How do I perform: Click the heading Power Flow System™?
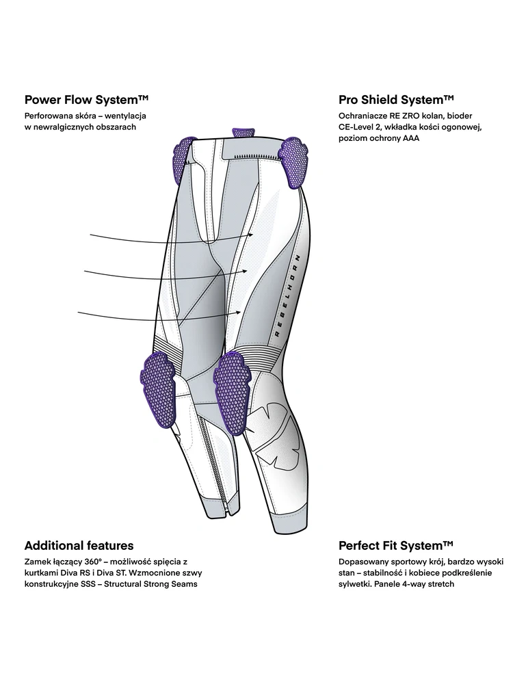pyautogui.click(x=86, y=100)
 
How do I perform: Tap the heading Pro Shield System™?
pyautogui.click(x=396, y=100)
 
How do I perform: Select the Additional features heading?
pyautogui.click(x=79, y=545)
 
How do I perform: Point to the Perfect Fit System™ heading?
pyautogui.click(x=396, y=545)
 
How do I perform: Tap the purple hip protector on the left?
pyautogui.click(x=183, y=152)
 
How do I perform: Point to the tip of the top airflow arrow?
pyautogui.click(x=254, y=234)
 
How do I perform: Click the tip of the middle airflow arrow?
pyautogui.click(x=248, y=271)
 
